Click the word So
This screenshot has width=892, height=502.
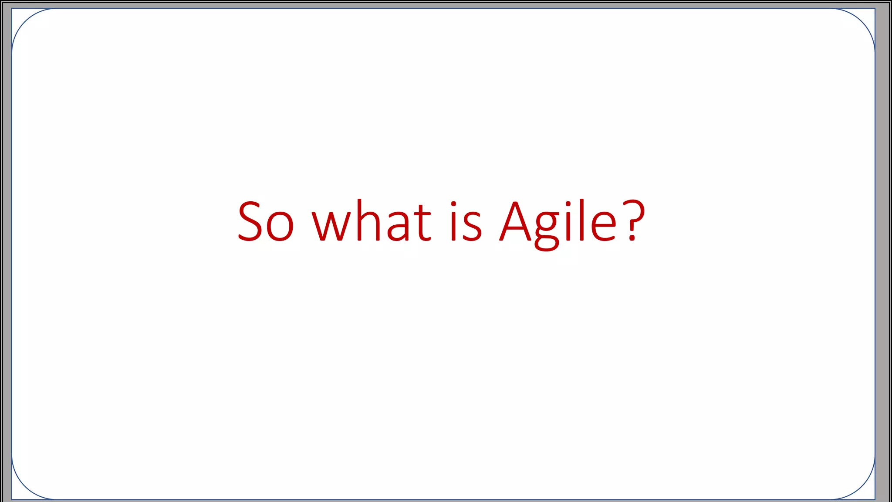coord(266,221)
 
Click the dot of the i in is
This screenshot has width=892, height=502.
coord(453,204)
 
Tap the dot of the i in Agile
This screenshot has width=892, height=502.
coord(568,204)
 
